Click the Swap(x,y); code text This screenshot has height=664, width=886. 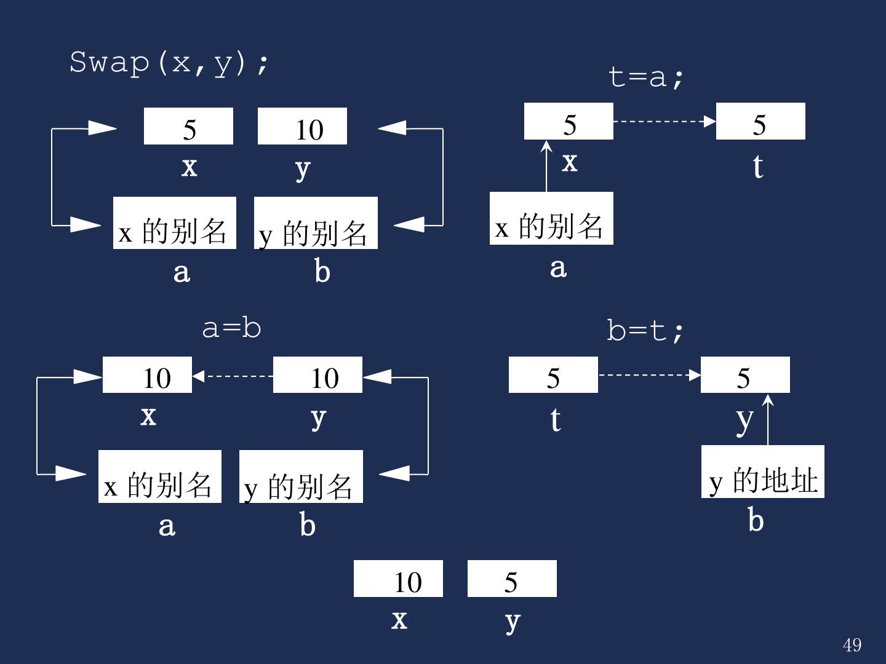pyautogui.click(x=169, y=63)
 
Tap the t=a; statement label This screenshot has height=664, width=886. pyautogui.click(x=645, y=77)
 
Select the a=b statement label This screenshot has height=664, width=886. pyautogui.click(x=231, y=328)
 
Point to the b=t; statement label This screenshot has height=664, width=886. pyautogui.click(x=645, y=331)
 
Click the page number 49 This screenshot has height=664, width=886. pyautogui.click(x=852, y=645)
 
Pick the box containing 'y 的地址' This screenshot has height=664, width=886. pyautogui.click(x=762, y=472)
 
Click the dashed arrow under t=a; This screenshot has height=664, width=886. pyautogui.click(x=664, y=121)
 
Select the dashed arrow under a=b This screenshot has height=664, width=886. pyautogui.click(x=233, y=375)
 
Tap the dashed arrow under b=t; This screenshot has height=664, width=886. pyautogui.click(x=649, y=374)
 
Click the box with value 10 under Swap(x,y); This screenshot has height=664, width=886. pyautogui.click(x=302, y=127)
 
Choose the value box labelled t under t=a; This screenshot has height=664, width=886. pyautogui.click(x=760, y=122)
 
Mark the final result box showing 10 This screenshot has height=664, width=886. pyautogui.click(x=398, y=579)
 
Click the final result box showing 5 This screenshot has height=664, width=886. pyautogui.click(x=512, y=579)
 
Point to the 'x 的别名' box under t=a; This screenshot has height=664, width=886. pyautogui.click(x=551, y=218)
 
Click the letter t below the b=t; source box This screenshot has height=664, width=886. pyautogui.click(x=555, y=420)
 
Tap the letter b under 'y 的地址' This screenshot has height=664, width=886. pyautogui.click(x=756, y=520)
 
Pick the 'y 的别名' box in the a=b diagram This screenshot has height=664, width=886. pyautogui.click(x=301, y=476)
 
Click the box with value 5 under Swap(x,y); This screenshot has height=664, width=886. pyautogui.click(x=188, y=127)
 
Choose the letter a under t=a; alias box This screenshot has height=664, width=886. pyautogui.click(x=558, y=267)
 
